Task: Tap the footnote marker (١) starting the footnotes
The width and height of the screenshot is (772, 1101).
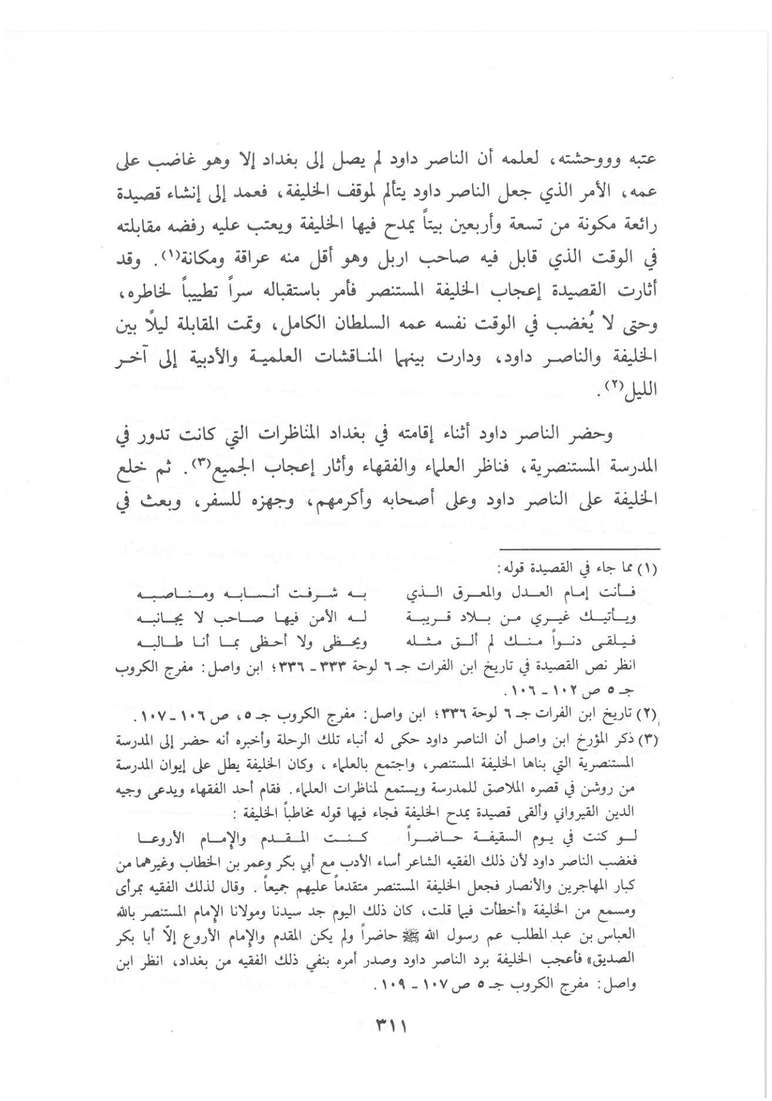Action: (x=646, y=569)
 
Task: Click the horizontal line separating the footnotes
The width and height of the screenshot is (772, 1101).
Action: (x=583, y=548)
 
